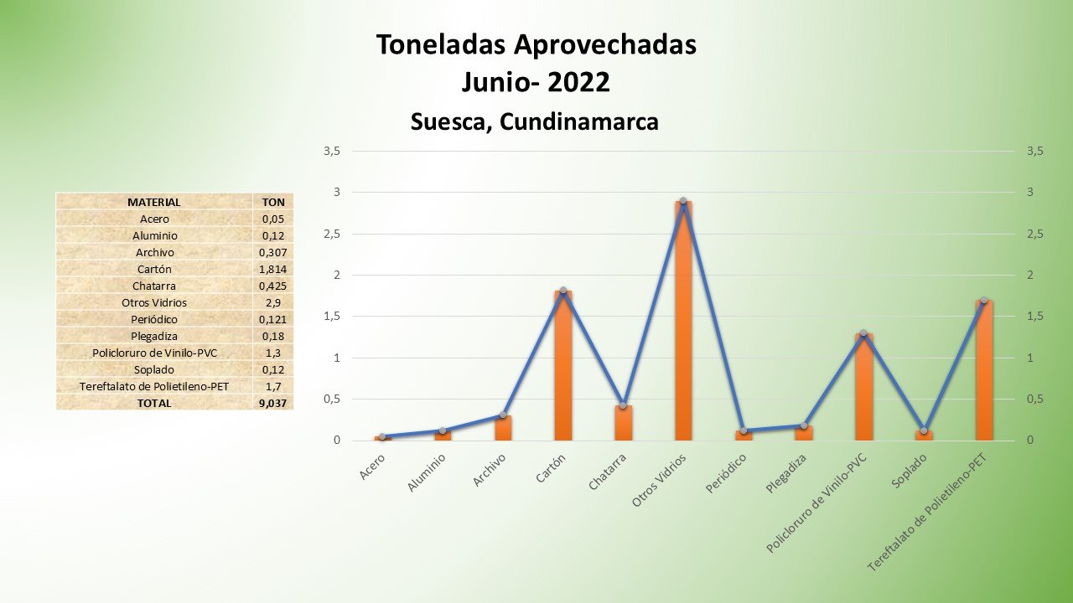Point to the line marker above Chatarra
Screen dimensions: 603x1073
[623, 405]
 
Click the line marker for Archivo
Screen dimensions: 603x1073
[502, 415]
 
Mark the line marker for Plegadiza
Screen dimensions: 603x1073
[803, 425]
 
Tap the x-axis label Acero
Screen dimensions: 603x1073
[372, 466]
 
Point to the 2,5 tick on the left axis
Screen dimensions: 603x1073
[333, 234]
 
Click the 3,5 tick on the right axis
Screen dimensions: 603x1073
[1034, 151]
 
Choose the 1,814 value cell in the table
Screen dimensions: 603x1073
[272, 269]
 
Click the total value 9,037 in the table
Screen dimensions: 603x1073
[272, 403]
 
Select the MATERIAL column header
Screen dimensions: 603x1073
[153, 202]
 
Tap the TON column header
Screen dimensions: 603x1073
[272, 202]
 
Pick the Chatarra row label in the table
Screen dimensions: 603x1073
[153, 286]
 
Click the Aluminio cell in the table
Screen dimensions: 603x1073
[153, 235]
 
